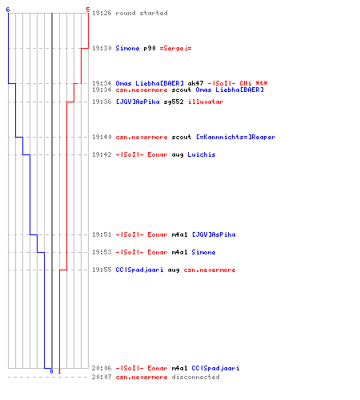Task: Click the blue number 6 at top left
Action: pyautogui.click(x=8, y=10)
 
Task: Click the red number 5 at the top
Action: pyautogui.click(x=88, y=10)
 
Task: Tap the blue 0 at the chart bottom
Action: pyautogui.click(x=51, y=371)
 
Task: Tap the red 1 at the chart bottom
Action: pyautogui.click(x=59, y=371)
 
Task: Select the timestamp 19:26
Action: pyautogui.click(x=102, y=13)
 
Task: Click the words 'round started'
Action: pyautogui.click(x=142, y=13)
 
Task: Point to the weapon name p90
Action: pyautogui.click(x=150, y=48)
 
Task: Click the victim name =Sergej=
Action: pyautogui.click(x=175, y=48)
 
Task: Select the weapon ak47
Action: pyautogui.click(x=195, y=83)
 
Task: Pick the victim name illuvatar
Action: pyautogui.click(x=206, y=102)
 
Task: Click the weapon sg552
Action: pyautogui.click(x=174, y=102)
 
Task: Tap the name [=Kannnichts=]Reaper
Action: pyautogui.click(x=236, y=137)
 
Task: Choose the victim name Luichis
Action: pyautogui.click(x=202, y=154)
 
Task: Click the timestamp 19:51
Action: pyautogui.click(x=102, y=234)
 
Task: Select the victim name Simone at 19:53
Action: pyautogui.click(x=203, y=252)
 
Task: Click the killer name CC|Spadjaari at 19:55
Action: pyautogui.click(x=139, y=270)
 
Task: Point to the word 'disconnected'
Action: pyautogui.click(x=195, y=377)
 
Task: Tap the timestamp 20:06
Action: pyautogui.click(x=102, y=368)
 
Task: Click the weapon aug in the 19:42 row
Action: pyautogui.click(x=178, y=155)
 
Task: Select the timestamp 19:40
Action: pyautogui.click(x=102, y=137)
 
